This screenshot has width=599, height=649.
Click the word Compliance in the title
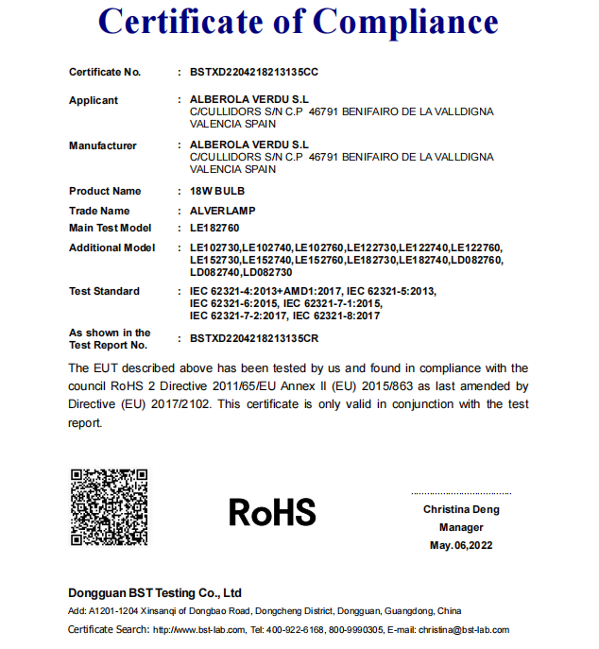coord(406,21)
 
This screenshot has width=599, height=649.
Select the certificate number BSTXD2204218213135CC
coord(254,73)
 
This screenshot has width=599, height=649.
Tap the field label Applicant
coord(94,100)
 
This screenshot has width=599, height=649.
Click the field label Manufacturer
coord(102,145)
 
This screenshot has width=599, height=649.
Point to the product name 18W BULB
coord(217,192)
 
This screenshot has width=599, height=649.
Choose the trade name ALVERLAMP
coord(223,211)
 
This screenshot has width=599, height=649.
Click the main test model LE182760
coord(214,228)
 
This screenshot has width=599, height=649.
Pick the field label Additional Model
coord(111,248)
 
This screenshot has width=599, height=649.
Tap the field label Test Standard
coord(104,291)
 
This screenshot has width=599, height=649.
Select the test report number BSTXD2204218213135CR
coord(254,338)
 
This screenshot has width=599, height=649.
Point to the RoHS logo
coord(272,512)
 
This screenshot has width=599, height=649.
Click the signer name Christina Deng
coord(461,510)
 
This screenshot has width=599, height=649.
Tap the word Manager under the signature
coord(461,528)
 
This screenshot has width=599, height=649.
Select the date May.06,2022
coord(461,546)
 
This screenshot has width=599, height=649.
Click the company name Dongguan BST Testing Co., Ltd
coord(155,593)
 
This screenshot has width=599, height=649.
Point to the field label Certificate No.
coord(104,73)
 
